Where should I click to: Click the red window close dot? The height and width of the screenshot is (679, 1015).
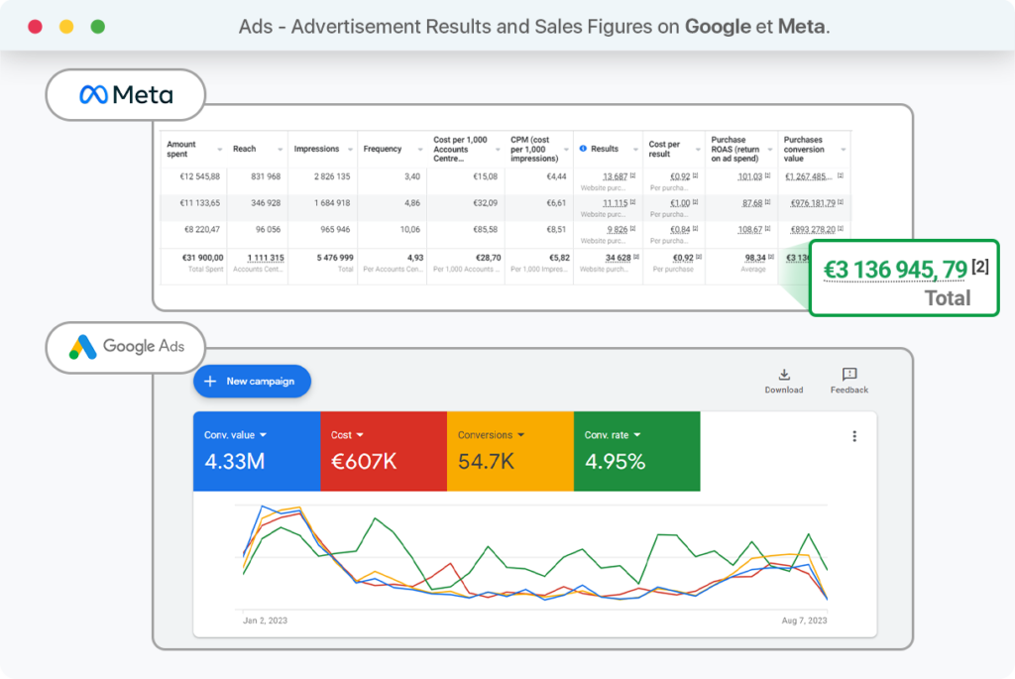coord(35,27)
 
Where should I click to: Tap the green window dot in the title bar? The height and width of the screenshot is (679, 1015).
coord(98,27)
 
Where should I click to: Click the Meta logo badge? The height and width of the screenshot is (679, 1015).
coord(126,95)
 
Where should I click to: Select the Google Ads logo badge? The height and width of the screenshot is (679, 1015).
coord(126,347)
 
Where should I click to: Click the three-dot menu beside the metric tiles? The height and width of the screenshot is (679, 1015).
coord(854,436)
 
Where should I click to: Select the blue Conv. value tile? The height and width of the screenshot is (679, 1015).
coord(256,451)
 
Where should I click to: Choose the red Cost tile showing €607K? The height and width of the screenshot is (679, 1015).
coord(383,451)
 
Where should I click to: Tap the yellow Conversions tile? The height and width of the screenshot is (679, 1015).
coord(509,451)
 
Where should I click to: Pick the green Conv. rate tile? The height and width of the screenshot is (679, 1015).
coord(636,451)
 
